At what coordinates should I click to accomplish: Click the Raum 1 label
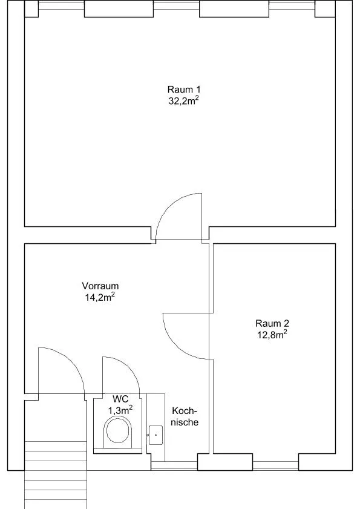click(x=184, y=89)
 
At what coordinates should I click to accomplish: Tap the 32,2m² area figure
click(x=183, y=100)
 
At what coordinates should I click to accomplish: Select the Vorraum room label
click(x=100, y=286)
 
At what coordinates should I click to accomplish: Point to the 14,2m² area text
click(x=100, y=297)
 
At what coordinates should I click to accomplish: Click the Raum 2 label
click(x=272, y=323)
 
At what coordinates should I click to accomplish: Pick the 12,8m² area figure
click(x=272, y=334)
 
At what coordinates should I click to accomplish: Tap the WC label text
click(x=120, y=399)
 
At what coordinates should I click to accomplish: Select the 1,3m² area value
click(x=120, y=410)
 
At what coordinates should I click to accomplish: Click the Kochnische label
click(x=185, y=416)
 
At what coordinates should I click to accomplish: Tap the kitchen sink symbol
click(x=156, y=435)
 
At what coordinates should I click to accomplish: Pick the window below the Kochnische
click(x=174, y=465)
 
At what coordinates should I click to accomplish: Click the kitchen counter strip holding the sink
click(x=156, y=427)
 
